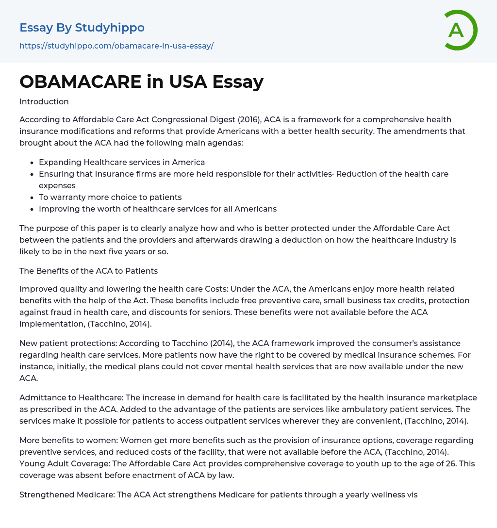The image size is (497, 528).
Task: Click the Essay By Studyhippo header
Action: click(x=82, y=28)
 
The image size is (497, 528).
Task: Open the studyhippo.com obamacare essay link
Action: click(x=116, y=46)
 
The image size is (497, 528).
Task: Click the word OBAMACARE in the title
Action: click(x=81, y=82)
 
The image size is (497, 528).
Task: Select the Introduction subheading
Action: click(x=44, y=101)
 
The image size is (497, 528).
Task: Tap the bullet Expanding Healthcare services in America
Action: click(x=122, y=162)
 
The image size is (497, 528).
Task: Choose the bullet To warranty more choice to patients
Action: click(x=110, y=197)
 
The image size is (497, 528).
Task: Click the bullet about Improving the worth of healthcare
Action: click(x=158, y=209)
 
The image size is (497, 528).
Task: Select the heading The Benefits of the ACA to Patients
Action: click(x=88, y=271)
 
